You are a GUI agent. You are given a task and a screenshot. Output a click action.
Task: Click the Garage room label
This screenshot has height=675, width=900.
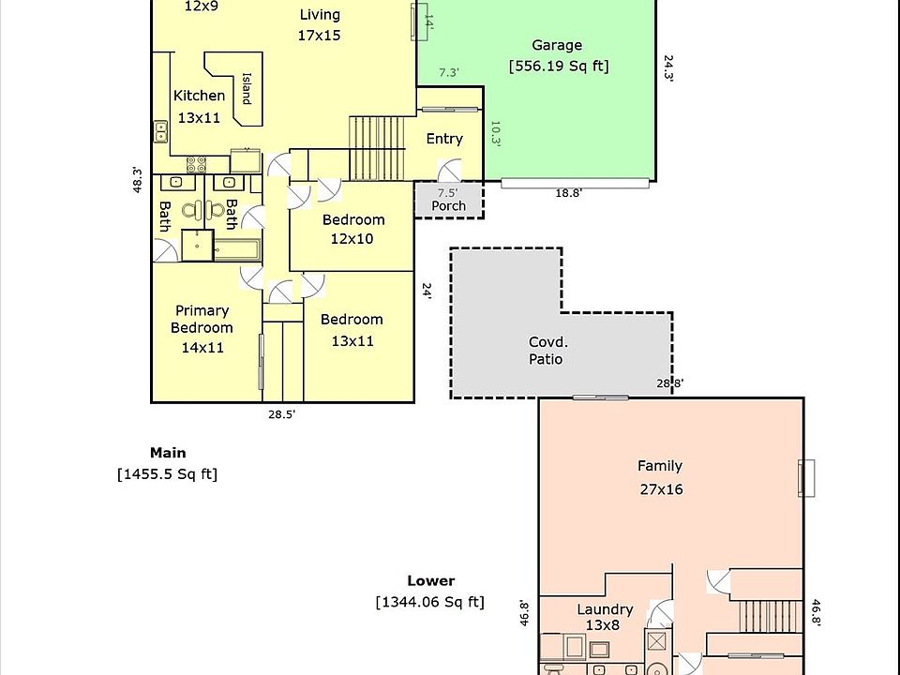pos(557,45)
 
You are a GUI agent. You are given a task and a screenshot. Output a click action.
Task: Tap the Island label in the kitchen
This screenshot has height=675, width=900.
pos(247,88)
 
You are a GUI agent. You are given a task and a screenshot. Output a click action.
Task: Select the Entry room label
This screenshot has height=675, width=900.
pos(444,139)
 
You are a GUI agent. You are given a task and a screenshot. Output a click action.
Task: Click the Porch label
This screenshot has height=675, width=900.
pos(449,205)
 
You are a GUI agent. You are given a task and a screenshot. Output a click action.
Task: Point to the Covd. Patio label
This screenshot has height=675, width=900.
pos(546,351)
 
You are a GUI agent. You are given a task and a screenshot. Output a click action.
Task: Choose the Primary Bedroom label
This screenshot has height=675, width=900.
pos(202,319)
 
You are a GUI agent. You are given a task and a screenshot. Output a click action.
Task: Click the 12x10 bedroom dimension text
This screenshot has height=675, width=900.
pos(352,239)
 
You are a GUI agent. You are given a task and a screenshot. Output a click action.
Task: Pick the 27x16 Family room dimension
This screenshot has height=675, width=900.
pos(661,489)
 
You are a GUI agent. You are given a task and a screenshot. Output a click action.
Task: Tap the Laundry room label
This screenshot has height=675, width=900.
pos(605,609)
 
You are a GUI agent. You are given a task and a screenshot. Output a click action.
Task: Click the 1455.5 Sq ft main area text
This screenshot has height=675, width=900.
pos(167,474)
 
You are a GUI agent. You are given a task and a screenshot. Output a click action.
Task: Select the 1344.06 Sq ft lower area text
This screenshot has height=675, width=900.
pos(430,602)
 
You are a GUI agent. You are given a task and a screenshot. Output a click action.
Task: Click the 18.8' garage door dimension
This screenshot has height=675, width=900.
pos(568,193)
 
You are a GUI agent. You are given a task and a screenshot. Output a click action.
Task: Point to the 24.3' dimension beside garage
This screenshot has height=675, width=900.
pos(668,68)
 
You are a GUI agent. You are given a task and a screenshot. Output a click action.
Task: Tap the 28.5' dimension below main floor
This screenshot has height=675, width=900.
pos(282,414)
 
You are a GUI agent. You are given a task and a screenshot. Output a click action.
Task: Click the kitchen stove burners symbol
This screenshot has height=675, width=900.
pos(196,164)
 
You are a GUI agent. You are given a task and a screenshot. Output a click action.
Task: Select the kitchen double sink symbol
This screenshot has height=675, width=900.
pos(160,131)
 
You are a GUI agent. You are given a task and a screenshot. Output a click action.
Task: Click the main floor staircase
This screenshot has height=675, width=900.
pos(377,148)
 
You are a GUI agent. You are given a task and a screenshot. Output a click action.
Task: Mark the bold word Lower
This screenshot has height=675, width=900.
pos(431,581)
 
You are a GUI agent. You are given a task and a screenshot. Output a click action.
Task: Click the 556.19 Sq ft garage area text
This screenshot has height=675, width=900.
pos(559,66)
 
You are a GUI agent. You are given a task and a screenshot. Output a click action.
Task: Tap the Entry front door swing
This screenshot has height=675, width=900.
pos(449,171)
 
